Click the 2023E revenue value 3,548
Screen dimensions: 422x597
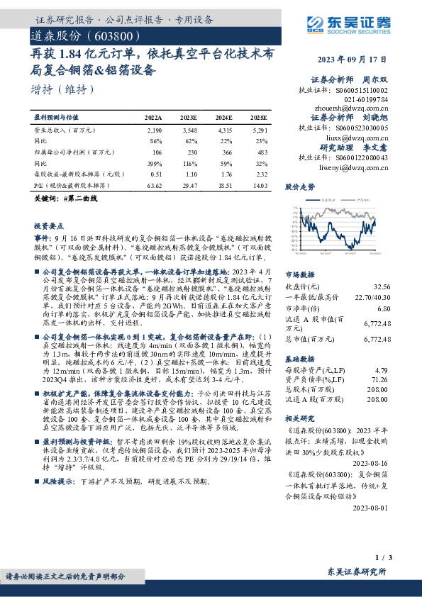[x=189, y=130]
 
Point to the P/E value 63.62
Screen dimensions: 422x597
[x=153, y=184]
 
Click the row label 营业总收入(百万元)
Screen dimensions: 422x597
[x=65, y=130]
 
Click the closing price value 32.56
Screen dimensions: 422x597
[x=382, y=286]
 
